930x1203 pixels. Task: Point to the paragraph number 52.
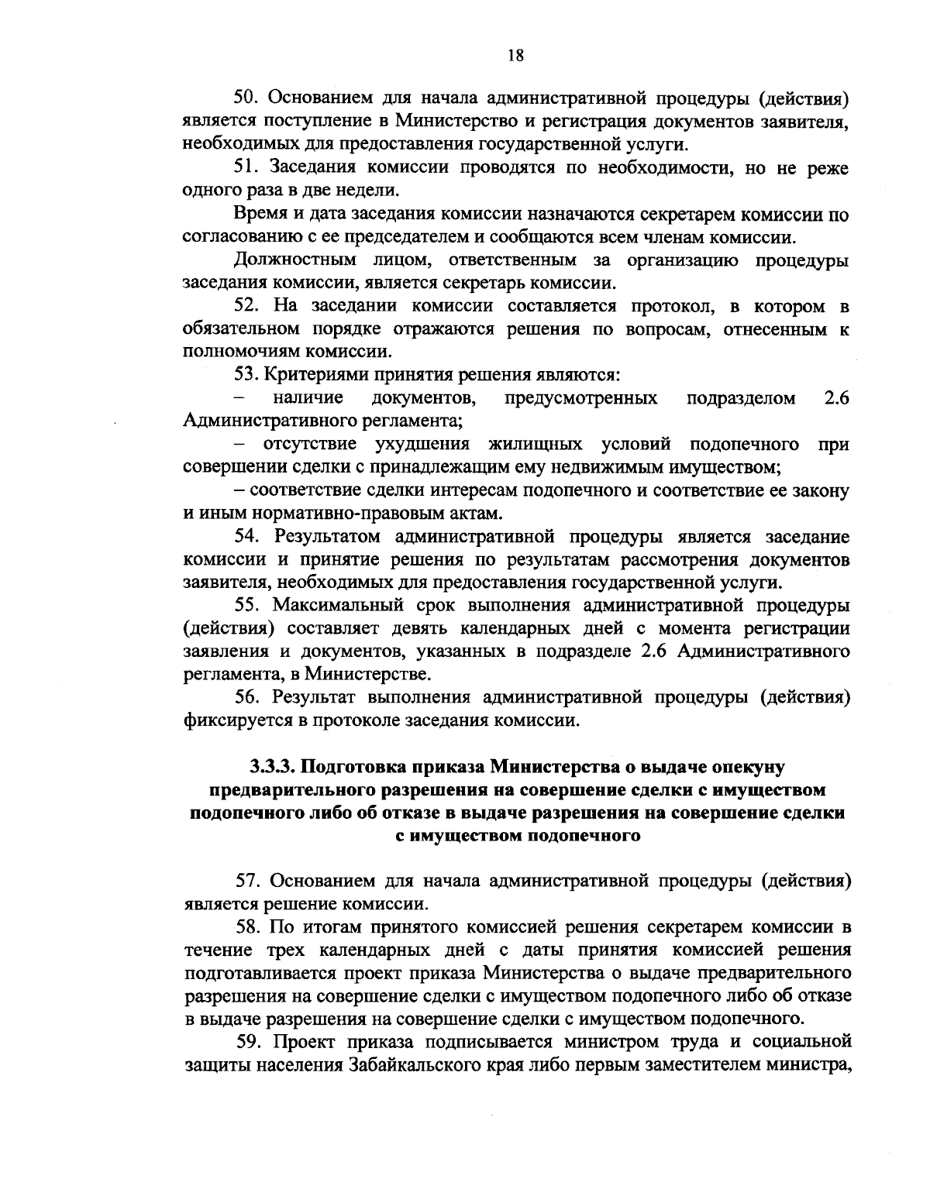pyautogui.click(x=246, y=307)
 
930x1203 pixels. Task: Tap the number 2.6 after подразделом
pyautogui.click(x=837, y=399)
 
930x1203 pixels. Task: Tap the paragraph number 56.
pyautogui.click(x=246, y=698)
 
